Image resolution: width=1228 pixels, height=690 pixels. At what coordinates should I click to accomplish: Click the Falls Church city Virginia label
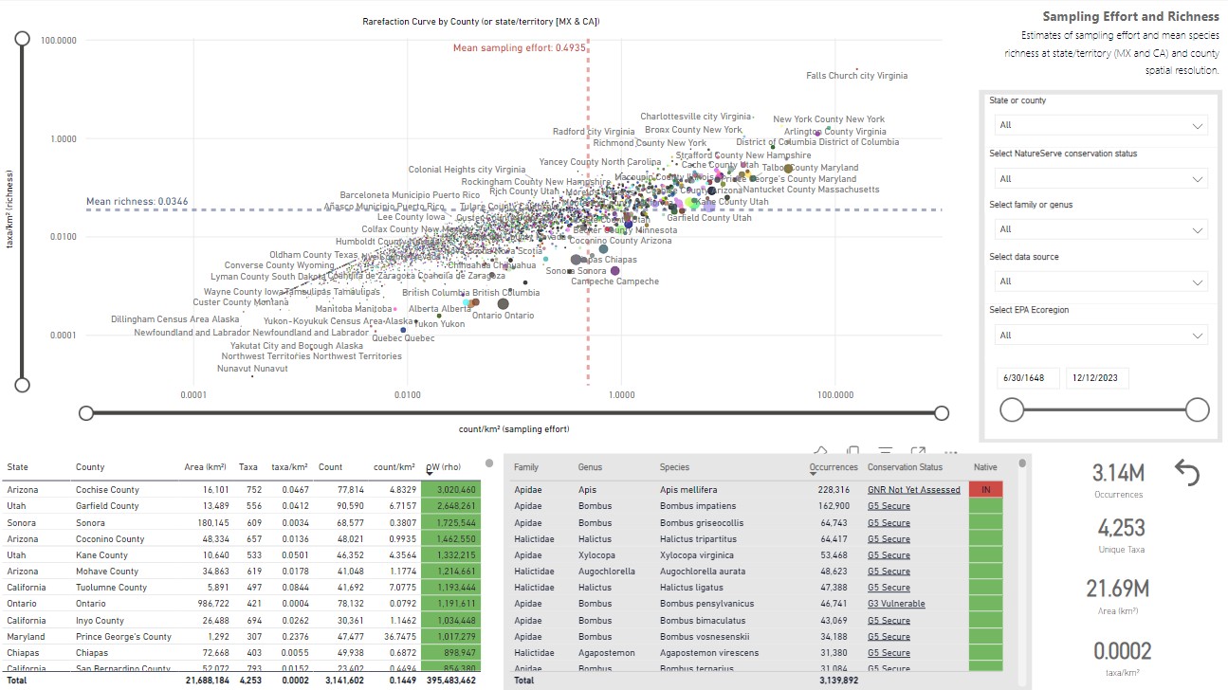click(x=856, y=76)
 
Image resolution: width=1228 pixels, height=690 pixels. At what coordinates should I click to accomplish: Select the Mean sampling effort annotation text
click(x=519, y=47)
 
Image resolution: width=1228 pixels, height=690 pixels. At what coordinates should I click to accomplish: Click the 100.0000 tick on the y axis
click(x=59, y=40)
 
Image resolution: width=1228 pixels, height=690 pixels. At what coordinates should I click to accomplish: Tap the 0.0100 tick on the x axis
click(x=407, y=394)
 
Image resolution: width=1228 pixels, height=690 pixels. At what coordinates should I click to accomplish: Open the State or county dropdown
click(x=1100, y=125)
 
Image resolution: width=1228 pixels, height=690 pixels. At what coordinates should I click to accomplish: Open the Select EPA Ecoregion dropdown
click(x=1100, y=336)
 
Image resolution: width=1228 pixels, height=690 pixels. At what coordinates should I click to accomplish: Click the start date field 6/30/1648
click(x=1028, y=378)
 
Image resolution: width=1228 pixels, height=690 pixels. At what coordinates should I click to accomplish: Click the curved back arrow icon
click(x=1187, y=472)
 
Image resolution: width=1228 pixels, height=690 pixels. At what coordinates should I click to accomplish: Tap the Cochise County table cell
click(x=107, y=490)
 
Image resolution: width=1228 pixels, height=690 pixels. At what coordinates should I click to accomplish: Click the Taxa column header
click(x=247, y=467)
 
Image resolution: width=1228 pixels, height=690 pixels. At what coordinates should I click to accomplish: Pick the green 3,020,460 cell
click(x=450, y=490)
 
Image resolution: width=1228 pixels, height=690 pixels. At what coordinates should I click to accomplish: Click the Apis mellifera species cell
click(x=691, y=490)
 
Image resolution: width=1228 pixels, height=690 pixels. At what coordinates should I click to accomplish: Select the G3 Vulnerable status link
click(x=896, y=604)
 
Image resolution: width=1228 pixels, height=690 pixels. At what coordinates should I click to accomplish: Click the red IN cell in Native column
click(x=985, y=490)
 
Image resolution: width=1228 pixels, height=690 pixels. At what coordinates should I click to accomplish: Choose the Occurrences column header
click(x=833, y=467)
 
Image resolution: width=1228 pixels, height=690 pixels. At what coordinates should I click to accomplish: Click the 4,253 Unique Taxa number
click(x=1121, y=528)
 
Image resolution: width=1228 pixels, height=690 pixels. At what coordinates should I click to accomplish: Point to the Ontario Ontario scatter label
click(x=503, y=316)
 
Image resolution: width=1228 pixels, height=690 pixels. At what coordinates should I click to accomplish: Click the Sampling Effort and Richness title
click(x=1130, y=17)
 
